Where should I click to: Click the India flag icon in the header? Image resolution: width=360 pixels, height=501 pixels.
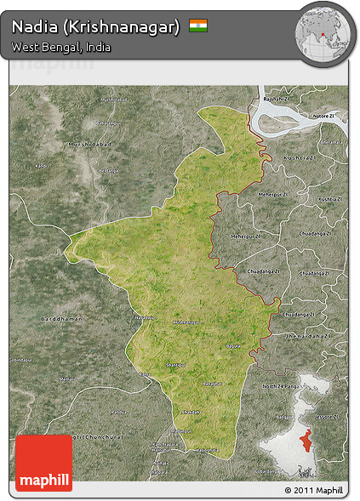tap(198, 26)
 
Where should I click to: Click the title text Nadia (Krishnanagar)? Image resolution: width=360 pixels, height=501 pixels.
tap(95, 27)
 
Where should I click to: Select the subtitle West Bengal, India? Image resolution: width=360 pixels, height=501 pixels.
tap(60, 47)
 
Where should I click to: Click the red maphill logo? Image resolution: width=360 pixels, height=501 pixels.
tap(43, 463)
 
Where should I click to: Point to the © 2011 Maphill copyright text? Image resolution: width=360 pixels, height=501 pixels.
tap(314, 491)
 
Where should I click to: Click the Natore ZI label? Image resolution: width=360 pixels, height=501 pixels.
tap(324, 115)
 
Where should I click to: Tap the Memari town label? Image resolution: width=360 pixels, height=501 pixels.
tap(68, 378)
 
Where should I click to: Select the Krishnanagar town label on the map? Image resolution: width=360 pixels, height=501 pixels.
tap(186, 322)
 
